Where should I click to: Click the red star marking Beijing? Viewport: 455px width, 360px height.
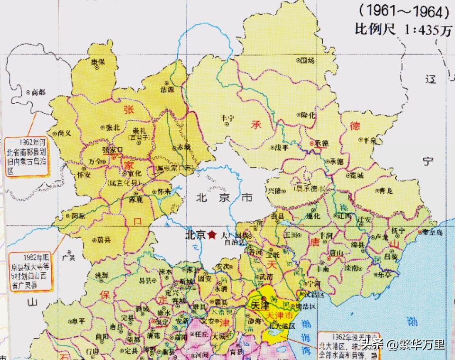[x=212, y=235]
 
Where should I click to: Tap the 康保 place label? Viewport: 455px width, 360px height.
[x=98, y=62]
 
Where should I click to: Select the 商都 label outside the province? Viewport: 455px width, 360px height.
[x=38, y=92]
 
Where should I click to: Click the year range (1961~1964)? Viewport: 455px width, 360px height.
[x=404, y=10]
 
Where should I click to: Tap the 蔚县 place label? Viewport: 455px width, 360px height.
[x=104, y=240]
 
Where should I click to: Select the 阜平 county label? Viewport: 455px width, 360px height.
[x=78, y=321]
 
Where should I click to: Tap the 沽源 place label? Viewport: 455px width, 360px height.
[x=167, y=89]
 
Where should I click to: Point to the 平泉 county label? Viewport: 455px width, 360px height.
[x=367, y=140]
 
